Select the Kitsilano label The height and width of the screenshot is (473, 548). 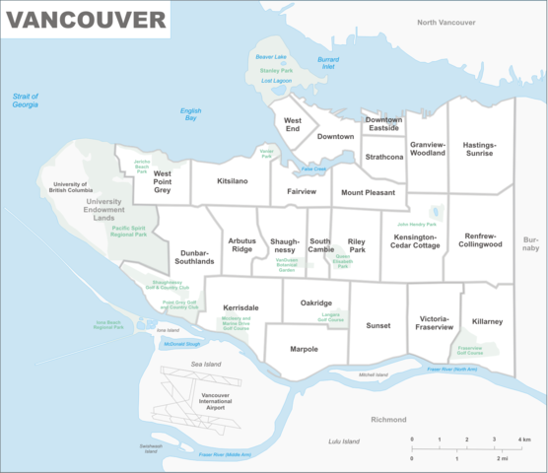coord(232,182)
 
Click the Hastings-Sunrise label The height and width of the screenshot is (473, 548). coord(480,149)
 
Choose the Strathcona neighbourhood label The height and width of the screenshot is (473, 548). coord(383,157)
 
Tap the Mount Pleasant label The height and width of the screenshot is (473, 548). coord(368,193)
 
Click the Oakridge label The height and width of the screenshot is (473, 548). coord(315,303)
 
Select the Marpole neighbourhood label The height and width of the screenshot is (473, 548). coord(304,349)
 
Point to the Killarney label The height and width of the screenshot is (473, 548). coord(487,322)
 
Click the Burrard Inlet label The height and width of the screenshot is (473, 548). coord(328,64)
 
